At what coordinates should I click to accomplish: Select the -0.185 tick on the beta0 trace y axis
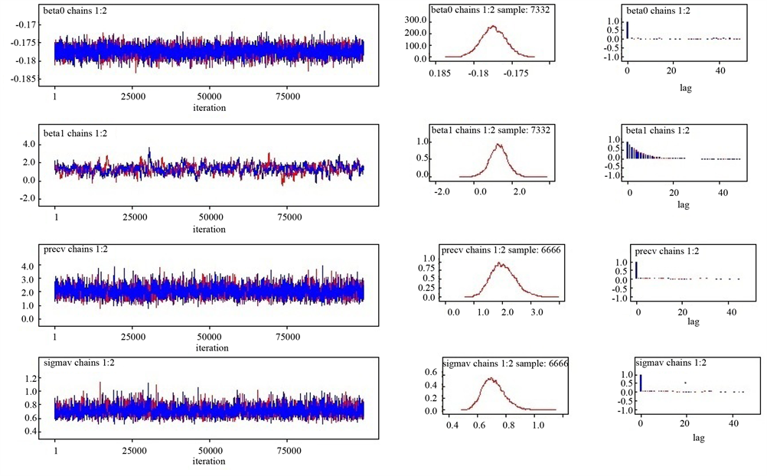[25, 79]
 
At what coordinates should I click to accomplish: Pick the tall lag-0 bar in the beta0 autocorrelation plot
[627, 30]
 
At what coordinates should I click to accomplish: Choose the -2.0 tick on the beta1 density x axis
[441, 191]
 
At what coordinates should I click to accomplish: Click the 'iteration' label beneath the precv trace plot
[209, 348]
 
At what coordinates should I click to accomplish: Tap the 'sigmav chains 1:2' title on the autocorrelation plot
[671, 363]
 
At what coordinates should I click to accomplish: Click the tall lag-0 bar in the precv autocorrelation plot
[636, 270]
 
